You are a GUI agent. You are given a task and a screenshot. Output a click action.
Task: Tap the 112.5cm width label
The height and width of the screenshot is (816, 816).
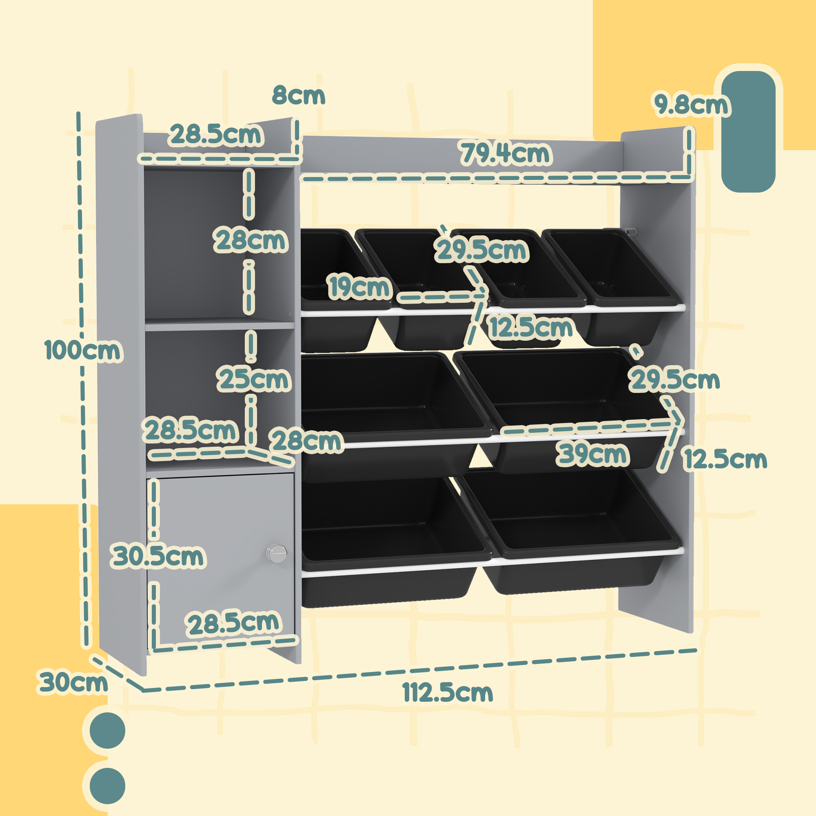448,693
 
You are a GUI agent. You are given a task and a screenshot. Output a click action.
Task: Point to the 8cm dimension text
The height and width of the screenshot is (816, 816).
299,95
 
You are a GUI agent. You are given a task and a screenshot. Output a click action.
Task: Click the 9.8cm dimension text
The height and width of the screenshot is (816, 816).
692,104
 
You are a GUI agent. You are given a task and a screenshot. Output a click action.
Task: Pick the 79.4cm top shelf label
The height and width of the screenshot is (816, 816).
506,153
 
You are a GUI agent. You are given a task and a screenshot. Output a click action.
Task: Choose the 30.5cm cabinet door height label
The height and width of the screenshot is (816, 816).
157,556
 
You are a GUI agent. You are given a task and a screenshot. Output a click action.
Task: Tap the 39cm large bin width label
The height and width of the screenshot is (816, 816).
592,454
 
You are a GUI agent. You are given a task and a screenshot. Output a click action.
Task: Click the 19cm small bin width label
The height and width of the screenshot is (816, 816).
359,287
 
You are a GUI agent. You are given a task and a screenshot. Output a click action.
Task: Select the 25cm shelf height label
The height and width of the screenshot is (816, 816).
254,379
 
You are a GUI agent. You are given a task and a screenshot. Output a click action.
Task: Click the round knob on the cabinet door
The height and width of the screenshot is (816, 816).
277,553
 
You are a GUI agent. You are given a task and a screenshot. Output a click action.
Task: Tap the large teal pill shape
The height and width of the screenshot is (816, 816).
748,131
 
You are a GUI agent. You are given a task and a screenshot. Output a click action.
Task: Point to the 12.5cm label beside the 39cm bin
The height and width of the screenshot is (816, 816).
725,459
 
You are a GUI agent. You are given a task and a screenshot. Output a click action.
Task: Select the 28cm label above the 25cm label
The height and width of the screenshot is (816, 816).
251,240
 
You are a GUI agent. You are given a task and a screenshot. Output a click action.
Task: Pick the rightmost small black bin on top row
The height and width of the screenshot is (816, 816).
612,271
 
